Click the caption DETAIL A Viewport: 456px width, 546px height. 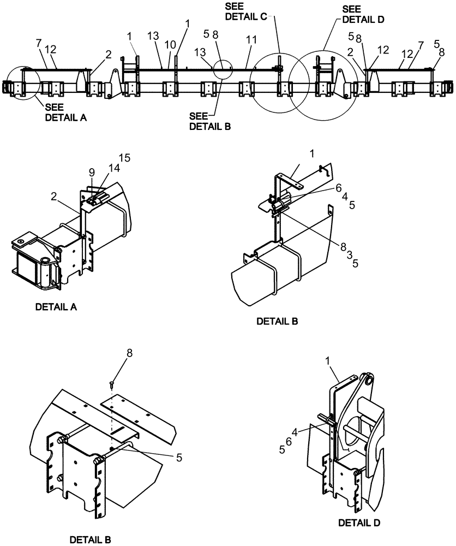pyautogui.click(x=56, y=307)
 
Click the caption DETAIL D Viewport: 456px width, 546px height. pyautogui.click(x=358, y=523)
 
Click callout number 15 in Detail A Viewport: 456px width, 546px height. pyautogui.click(x=125, y=158)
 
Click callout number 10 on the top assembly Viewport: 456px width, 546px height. pyautogui.click(x=170, y=43)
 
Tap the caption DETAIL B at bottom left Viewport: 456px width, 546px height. pyautogui.click(x=91, y=540)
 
